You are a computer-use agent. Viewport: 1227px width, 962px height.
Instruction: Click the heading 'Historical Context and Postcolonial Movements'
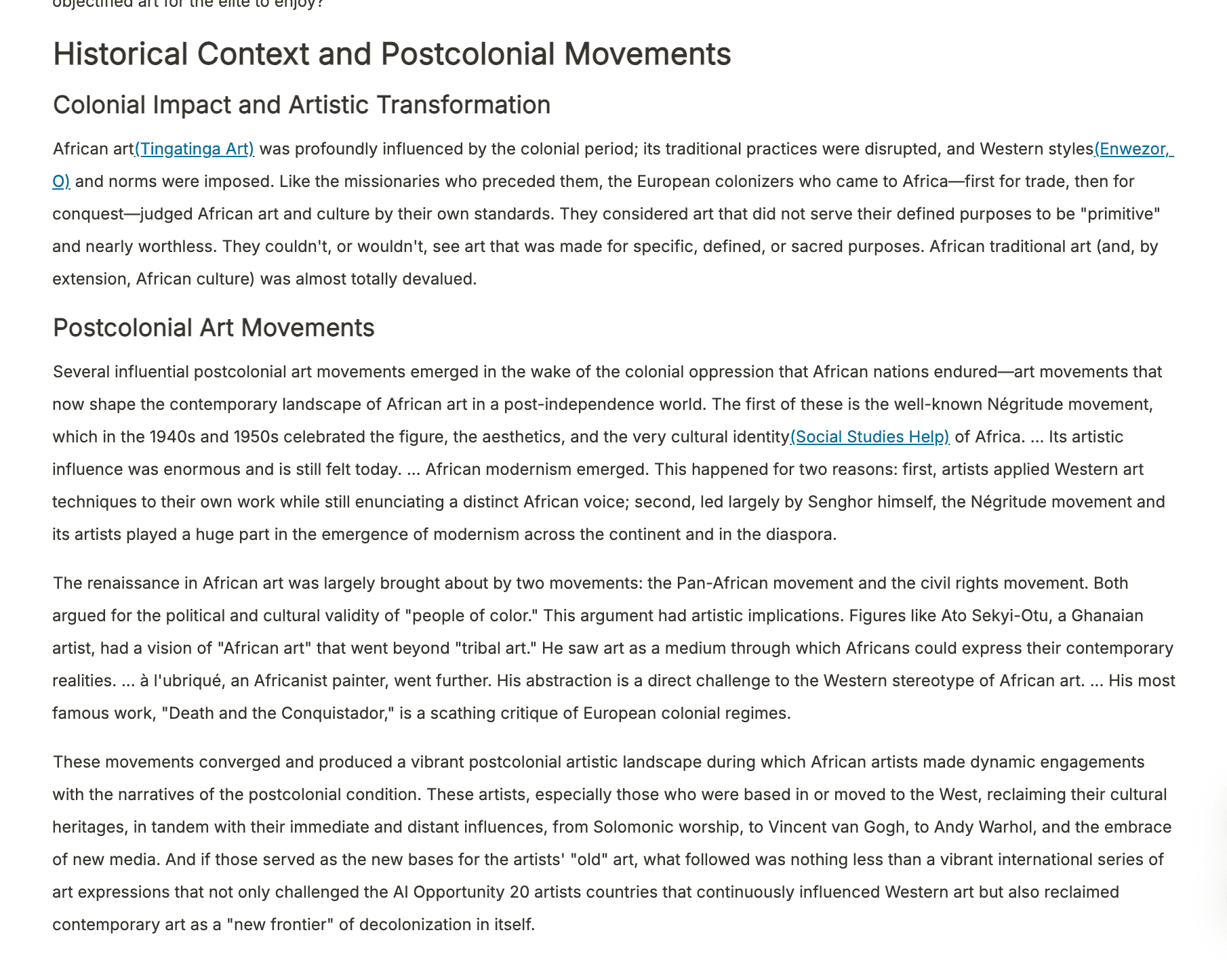(x=392, y=54)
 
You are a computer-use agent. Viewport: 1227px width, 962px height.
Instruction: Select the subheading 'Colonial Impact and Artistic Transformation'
(x=302, y=105)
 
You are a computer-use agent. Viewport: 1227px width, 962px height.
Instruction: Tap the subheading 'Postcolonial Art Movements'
(x=214, y=328)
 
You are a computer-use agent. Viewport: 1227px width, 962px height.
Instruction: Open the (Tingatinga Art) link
(x=195, y=149)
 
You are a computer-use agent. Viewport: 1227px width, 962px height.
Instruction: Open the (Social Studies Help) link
(x=870, y=437)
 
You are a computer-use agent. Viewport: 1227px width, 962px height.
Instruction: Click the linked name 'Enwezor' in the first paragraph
(x=1132, y=149)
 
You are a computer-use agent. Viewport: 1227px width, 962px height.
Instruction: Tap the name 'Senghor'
(x=840, y=502)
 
